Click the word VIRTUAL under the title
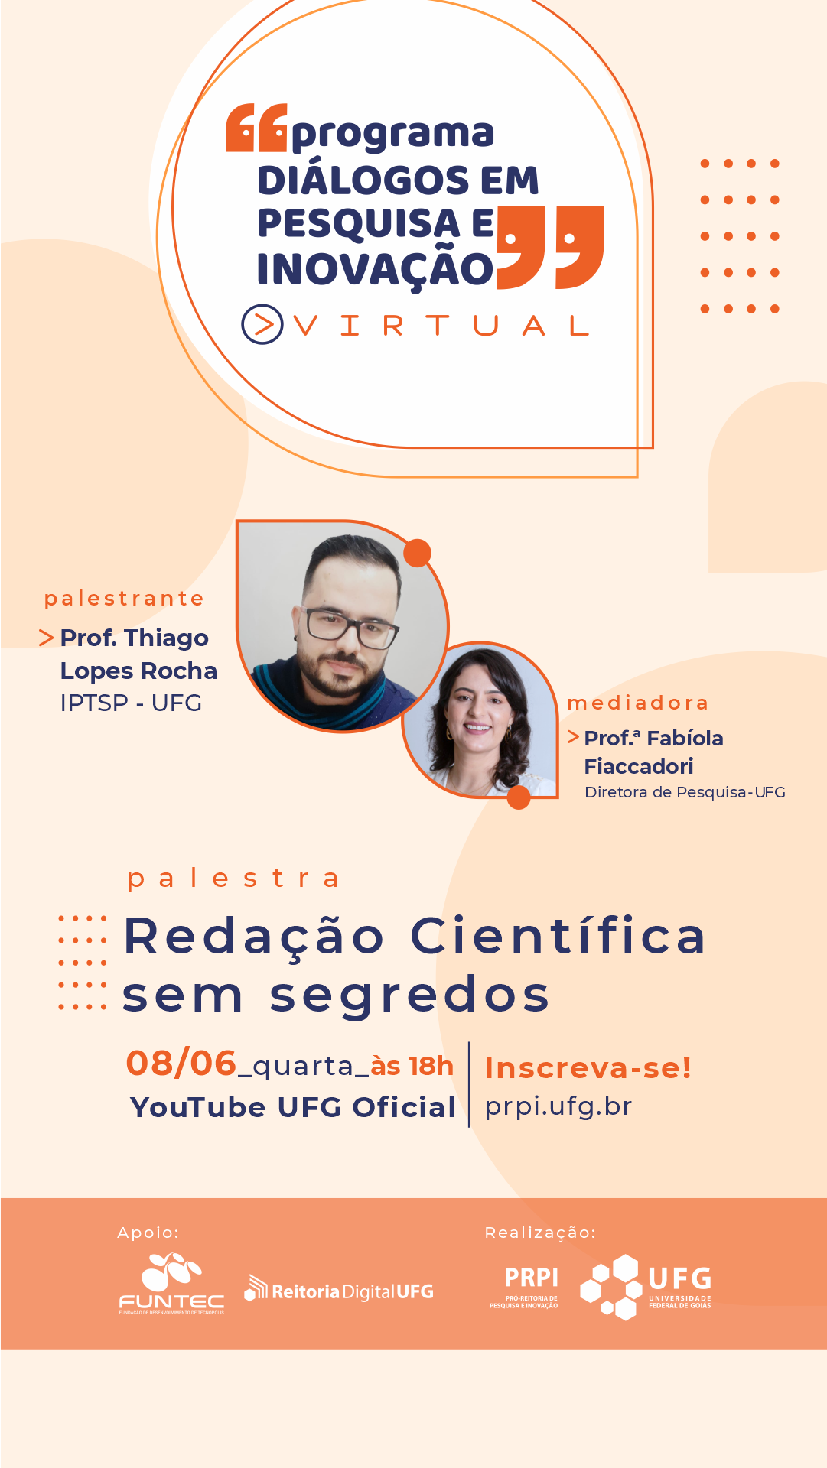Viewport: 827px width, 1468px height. [x=441, y=326]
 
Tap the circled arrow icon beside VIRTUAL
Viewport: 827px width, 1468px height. [x=262, y=324]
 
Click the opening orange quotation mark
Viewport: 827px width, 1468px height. [x=256, y=128]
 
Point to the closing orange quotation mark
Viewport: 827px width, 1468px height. [x=551, y=247]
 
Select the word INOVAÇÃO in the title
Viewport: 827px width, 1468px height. [x=376, y=269]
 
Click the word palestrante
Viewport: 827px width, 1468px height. [x=124, y=599]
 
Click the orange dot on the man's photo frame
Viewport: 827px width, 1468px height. [x=417, y=553]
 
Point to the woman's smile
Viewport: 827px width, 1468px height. [x=477, y=728]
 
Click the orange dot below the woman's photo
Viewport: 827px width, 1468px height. [x=519, y=797]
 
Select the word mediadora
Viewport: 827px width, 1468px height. [x=638, y=703]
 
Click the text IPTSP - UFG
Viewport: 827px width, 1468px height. [x=131, y=703]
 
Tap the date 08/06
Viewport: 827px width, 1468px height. [x=181, y=1064]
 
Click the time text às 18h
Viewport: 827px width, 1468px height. [x=412, y=1065]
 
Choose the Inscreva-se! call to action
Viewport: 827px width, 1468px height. [x=588, y=1068]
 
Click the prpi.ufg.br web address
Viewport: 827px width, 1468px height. [x=558, y=1106]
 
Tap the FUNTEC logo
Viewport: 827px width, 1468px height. [x=171, y=1284]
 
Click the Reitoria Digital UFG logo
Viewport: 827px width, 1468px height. [x=339, y=1290]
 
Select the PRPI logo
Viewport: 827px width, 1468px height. [x=532, y=1287]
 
